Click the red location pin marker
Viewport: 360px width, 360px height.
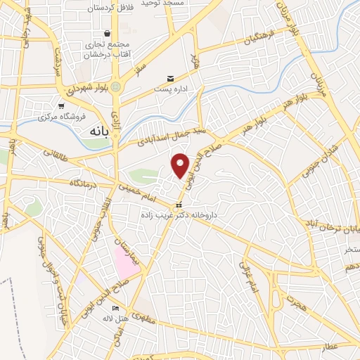click(181, 165)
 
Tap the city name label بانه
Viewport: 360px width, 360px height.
click(96, 131)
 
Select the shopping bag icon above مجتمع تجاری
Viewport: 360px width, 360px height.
click(107, 33)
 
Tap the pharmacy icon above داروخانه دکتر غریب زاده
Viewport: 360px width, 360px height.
click(177, 205)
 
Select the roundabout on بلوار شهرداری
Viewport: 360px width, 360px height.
click(116, 86)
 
